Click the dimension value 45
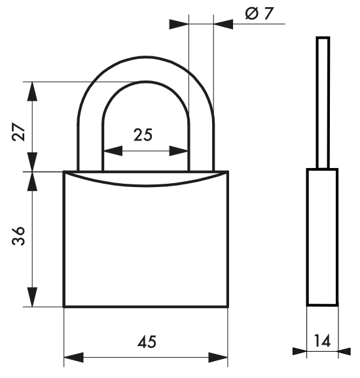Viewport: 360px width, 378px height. click(x=147, y=342)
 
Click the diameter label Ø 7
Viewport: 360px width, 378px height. click(x=259, y=14)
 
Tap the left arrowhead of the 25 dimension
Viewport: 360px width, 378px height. click(x=111, y=150)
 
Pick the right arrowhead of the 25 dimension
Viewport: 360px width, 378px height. click(x=180, y=150)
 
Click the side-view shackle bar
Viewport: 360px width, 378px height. click(x=323, y=101)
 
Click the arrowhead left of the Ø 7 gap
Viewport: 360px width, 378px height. click(x=178, y=24)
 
